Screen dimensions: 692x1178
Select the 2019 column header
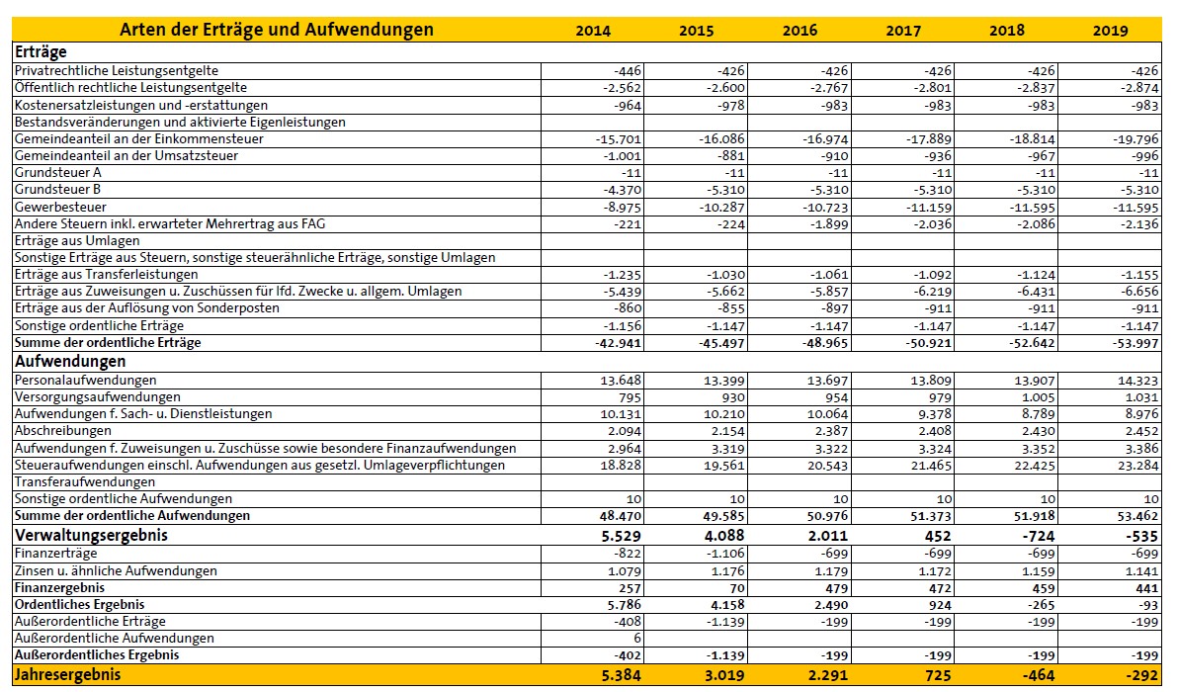1110,31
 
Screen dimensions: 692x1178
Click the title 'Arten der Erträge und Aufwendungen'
277,30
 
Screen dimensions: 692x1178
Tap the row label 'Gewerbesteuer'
60,207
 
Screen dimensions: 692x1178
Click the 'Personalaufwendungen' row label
85,380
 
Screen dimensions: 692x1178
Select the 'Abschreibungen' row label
64,431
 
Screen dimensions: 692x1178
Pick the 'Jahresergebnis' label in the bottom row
66,674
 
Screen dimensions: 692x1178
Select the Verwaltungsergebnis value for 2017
934,535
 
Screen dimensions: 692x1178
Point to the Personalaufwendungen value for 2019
1137,380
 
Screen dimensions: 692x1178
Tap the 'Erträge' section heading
41,52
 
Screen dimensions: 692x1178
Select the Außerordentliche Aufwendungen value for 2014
636,639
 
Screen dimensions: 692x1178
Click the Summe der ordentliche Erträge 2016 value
824,343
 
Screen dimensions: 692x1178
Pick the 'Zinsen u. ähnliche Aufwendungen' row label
116,570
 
